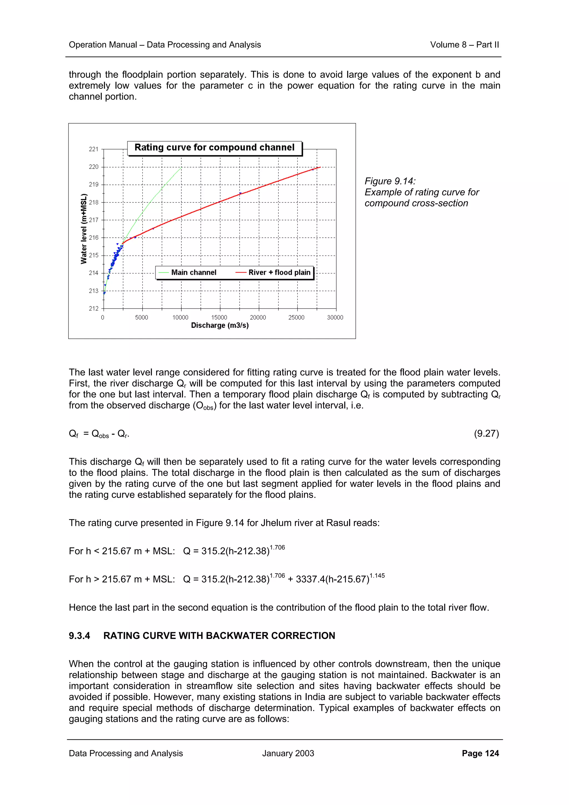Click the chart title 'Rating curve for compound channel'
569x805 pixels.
(214, 147)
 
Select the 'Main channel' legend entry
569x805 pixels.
(194, 272)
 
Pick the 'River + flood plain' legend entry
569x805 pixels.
(279, 272)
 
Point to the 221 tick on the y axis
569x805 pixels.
(93, 149)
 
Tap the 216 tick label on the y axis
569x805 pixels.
(93, 238)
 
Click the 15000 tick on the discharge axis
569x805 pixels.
(219, 317)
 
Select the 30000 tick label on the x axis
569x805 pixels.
(335, 317)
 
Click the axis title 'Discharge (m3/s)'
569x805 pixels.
(220, 325)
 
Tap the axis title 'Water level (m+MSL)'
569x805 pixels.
(84, 229)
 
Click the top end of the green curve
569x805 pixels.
(181, 167)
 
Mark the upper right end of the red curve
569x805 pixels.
(320, 167)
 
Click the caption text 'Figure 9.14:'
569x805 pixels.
(390, 181)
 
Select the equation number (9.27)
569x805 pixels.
(486, 434)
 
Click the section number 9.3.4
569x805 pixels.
(79, 636)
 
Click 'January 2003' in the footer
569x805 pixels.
(288, 753)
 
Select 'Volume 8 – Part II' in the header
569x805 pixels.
(464, 45)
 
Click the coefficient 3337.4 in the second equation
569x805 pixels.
(310, 579)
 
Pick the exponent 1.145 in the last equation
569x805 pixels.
(377, 576)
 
